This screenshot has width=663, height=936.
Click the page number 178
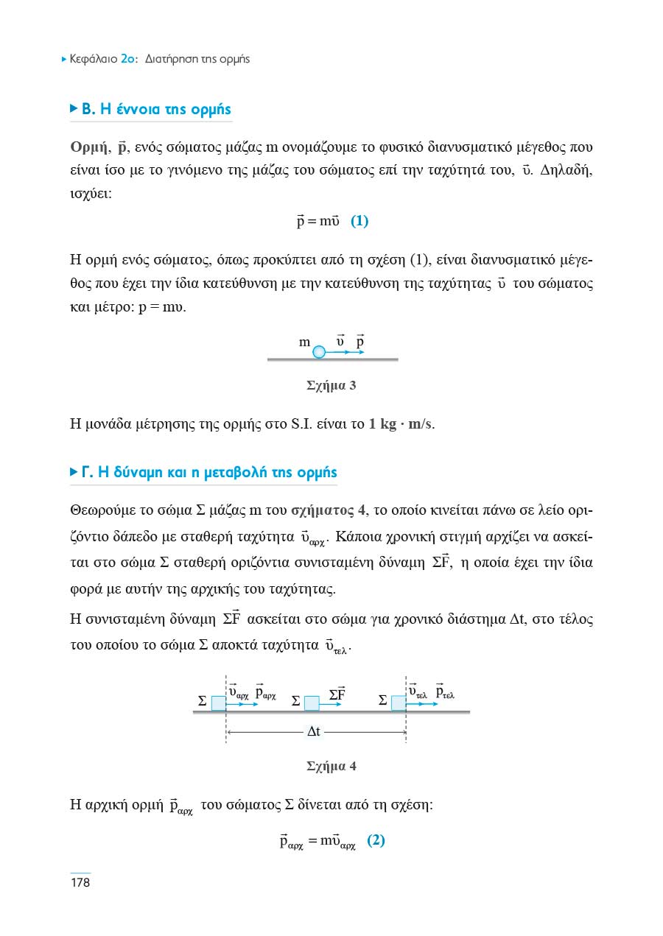80,882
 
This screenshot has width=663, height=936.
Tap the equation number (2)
376,840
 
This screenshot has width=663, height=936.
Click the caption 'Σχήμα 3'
331,385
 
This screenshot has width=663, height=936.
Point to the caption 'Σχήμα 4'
331,766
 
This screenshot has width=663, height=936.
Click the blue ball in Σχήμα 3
319,352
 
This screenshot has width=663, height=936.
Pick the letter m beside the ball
304,342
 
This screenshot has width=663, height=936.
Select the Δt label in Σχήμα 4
313,732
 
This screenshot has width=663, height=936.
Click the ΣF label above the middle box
337,694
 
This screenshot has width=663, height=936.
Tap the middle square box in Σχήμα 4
312,703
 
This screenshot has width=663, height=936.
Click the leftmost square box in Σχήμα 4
219,703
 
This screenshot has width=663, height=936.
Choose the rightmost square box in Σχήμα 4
399,703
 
